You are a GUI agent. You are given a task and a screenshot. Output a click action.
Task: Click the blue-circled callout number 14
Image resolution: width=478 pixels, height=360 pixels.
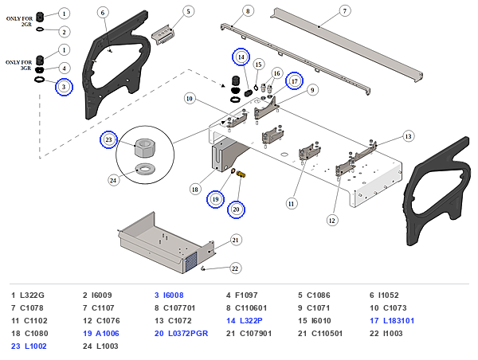tap(241, 57)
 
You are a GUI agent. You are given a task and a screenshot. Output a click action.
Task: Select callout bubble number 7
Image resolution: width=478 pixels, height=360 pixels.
tap(345, 11)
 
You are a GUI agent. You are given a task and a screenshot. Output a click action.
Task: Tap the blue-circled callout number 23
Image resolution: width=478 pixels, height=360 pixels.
tap(109, 139)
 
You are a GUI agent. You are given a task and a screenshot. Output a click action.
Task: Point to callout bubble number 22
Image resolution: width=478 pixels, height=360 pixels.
tap(235, 268)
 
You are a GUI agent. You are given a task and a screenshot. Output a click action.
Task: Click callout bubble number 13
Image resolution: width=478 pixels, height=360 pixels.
tap(408, 136)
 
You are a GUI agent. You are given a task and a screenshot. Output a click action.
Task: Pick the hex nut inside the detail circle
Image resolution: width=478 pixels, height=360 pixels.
tap(144, 148)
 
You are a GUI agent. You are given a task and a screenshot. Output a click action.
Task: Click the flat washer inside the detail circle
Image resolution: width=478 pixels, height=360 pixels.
tap(146, 169)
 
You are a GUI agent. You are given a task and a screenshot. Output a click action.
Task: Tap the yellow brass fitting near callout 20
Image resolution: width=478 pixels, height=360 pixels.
tap(241, 174)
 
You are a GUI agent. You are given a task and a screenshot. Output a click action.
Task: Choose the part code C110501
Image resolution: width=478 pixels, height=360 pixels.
tap(327, 334)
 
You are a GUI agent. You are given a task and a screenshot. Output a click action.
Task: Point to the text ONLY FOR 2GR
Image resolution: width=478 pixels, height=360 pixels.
tap(19, 22)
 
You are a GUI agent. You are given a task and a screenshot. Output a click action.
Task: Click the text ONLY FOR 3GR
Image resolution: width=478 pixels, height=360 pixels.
tap(18, 65)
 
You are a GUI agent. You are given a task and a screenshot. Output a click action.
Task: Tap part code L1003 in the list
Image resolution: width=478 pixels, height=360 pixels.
tap(108, 346)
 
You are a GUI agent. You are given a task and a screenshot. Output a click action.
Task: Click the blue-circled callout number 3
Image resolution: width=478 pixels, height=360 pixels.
tap(64, 87)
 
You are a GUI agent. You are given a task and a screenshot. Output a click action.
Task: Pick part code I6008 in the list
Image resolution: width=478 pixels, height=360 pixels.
tap(174, 295)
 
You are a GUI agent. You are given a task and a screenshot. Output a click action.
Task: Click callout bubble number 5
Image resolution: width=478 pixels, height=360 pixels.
tap(188, 12)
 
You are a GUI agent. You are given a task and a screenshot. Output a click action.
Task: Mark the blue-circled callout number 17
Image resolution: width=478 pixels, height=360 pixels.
tap(294, 81)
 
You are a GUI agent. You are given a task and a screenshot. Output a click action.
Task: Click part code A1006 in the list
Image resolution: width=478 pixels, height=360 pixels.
tap(108, 334)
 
